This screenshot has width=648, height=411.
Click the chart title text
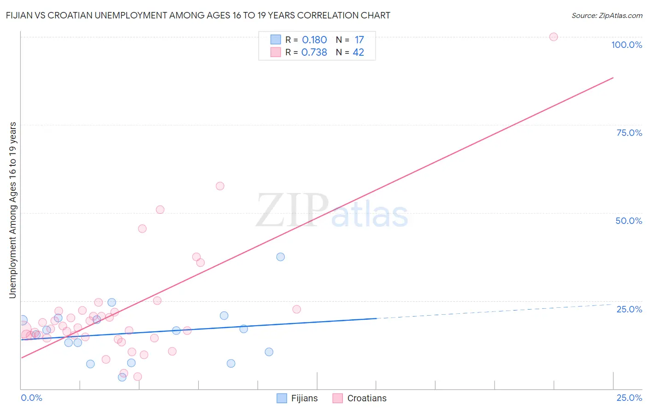[198, 16]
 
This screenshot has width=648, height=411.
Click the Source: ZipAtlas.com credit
[607, 16]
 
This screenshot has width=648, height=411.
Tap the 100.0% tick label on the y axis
[626, 45]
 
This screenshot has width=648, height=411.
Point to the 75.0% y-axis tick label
[629, 133]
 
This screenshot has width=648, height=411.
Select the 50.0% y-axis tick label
[629, 221]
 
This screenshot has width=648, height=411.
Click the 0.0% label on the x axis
[31, 398]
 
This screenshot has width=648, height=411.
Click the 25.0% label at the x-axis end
[629, 398]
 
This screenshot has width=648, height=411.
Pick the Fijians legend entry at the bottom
[297, 398]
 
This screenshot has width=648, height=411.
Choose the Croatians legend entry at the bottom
[360, 398]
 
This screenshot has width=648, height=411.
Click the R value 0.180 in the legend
[314, 40]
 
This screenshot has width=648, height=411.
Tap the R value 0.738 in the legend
[314, 53]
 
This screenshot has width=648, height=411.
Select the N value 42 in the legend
[358, 53]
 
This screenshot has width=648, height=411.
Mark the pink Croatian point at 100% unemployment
[554, 37]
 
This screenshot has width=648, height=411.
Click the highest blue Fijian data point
[280, 257]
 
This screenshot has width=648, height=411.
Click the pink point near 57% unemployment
[220, 186]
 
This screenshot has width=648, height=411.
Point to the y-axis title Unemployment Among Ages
[13, 210]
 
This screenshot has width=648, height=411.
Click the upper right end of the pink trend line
[613, 78]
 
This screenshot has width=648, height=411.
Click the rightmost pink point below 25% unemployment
[296, 309]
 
